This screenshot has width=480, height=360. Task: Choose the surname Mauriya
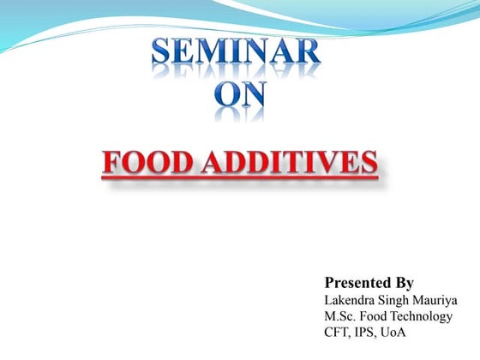[437, 300]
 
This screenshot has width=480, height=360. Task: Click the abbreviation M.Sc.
[340, 316]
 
